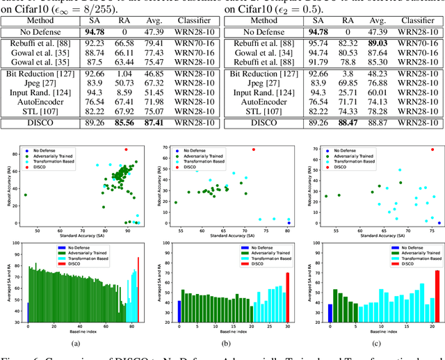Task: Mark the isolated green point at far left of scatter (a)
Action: coord(26,195)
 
